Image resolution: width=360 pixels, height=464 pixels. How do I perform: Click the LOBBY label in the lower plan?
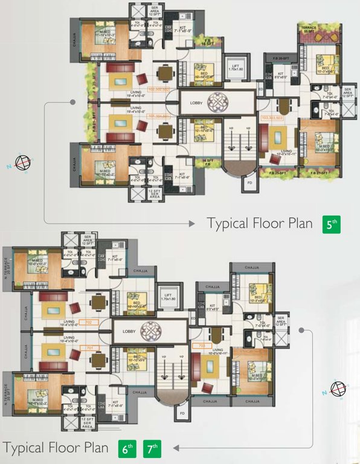pos(129,332)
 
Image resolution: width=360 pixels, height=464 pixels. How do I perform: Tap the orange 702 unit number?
pos(88,323)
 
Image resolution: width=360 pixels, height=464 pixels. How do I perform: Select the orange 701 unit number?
pos(88,348)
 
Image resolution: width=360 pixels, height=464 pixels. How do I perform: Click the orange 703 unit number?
pos(202,346)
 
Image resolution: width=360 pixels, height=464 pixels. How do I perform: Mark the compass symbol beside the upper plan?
pos(23,163)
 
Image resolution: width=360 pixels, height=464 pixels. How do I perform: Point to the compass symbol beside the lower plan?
pos(337,388)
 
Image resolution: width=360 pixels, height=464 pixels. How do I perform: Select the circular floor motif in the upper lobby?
pos(216,101)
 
